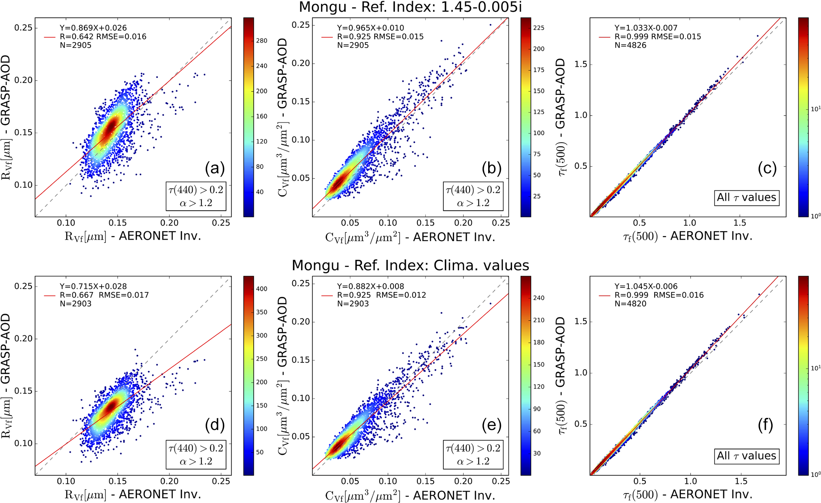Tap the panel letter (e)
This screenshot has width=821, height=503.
pos(492,426)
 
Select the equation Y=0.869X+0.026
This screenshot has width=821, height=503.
pos(93,28)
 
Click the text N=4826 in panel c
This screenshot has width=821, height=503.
pos(630,45)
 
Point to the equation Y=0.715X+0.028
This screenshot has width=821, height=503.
pos(93,286)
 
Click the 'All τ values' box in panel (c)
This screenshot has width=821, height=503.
pos(746,197)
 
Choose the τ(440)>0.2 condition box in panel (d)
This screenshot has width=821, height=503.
pos(196,455)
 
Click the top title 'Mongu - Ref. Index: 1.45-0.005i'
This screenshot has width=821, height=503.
pos(410,7)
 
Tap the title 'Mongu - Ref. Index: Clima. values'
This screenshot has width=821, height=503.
pos(410,265)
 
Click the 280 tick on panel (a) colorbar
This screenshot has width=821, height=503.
pos(262,41)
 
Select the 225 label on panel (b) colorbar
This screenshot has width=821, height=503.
pos(539,28)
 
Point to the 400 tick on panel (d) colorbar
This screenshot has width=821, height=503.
pos(262,289)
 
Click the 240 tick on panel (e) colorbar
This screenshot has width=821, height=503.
pos(539,298)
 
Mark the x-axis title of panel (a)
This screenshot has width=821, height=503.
pos(133,236)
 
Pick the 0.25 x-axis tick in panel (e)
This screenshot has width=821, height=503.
pos(501,481)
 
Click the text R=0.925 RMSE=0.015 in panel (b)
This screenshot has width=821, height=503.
pos(380,37)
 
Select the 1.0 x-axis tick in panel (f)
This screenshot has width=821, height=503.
pos(690,481)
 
